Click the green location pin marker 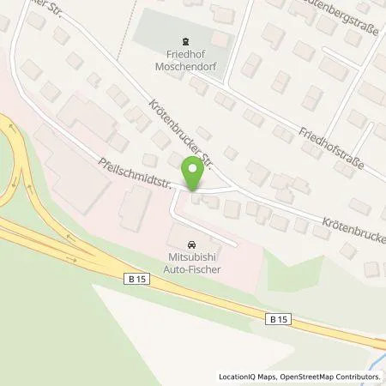coord(196,173)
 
